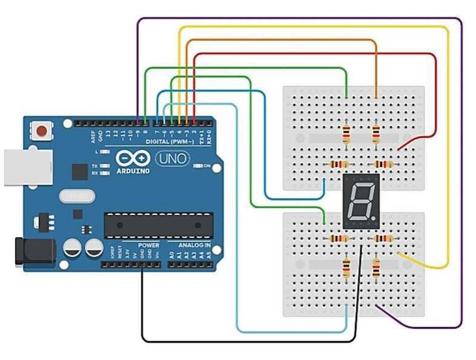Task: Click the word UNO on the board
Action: tap(173, 159)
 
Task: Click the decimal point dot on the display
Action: tap(374, 218)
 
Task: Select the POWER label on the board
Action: tap(148, 246)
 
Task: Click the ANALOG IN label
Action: tap(194, 246)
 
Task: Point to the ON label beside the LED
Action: tap(207, 166)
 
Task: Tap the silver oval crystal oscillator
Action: tap(78, 196)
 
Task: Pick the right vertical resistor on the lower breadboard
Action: tap(376, 267)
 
